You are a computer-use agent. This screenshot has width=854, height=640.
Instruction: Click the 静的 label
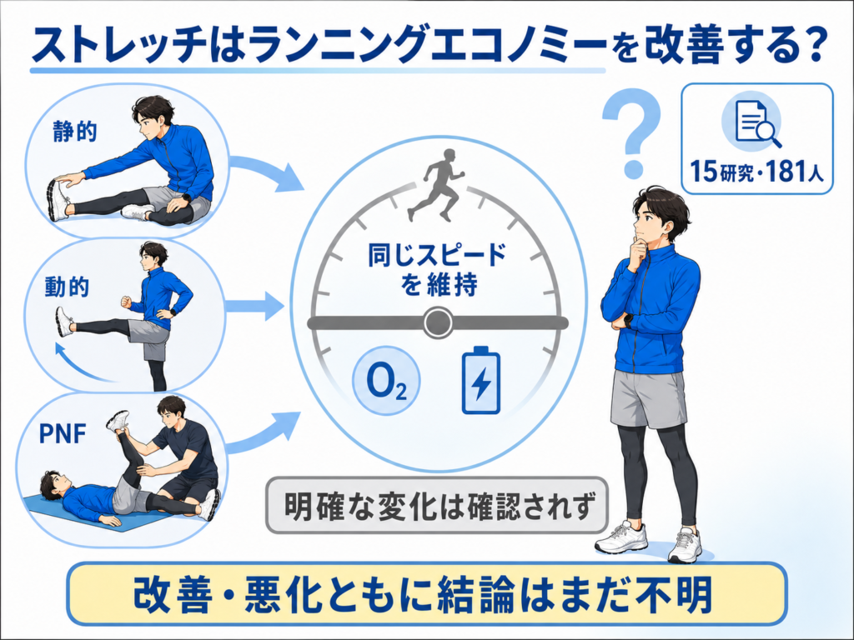(x=75, y=132)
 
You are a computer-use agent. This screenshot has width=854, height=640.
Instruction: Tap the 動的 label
(x=67, y=287)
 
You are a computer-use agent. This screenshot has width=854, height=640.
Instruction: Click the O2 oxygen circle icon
(x=387, y=382)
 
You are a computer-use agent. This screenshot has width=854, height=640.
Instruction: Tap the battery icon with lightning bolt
(x=481, y=380)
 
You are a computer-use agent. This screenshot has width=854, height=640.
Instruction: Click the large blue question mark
(x=632, y=132)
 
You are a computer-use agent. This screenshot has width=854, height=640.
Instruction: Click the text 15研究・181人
(x=757, y=172)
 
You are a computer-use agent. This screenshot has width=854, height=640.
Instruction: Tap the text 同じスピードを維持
(x=437, y=269)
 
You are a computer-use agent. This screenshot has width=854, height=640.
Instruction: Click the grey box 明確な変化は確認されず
(x=437, y=505)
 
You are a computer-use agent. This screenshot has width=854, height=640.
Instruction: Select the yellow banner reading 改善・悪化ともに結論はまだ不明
(x=427, y=594)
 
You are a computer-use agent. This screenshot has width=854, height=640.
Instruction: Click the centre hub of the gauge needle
(x=439, y=322)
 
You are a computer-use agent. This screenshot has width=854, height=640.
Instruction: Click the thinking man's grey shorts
(x=648, y=399)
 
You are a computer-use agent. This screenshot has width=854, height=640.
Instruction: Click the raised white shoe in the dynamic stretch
(x=64, y=322)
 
